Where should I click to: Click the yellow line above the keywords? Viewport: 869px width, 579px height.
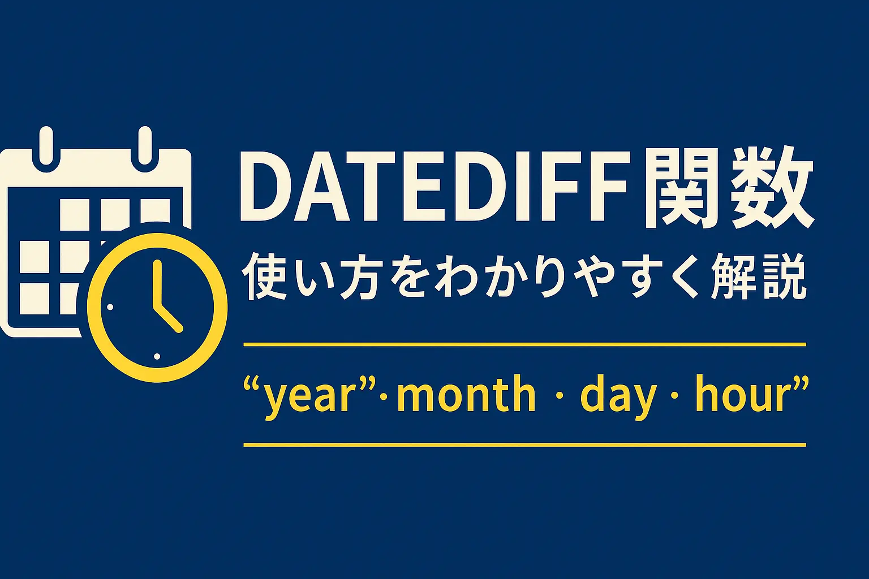pyautogui.click(x=524, y=343)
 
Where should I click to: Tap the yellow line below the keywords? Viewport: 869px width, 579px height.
pyautogui.click(x=524, y=445)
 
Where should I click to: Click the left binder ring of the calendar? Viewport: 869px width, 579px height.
pyautogui.click(x=46, y=144)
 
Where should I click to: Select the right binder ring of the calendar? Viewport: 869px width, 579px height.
pyautogui.click(x=145, y=144)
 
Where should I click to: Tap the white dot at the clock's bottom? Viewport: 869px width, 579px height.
pyautogui.click(x=157, y=356)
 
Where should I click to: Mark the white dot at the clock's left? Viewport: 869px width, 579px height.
pyautogui.click(x=110, y=307)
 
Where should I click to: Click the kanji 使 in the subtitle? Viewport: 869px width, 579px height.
pyautogui.click(x=261, y=278)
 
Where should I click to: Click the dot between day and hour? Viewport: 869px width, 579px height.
pyautogui.click(x=673, y=395)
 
